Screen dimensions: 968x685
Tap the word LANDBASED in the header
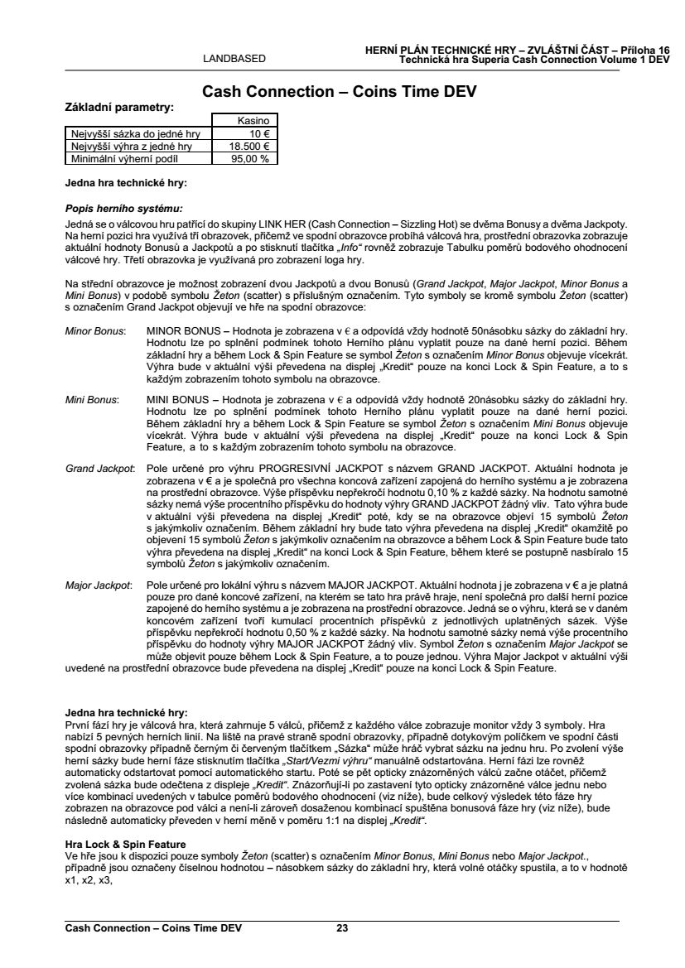pyautogui.click(x=234, y=59)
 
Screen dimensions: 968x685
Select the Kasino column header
pyautogui.click(x=246, y=121)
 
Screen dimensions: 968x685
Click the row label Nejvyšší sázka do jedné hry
pyautogui.click(x=131, y=132)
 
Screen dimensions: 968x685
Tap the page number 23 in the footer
pyautogui.click(x=342, y=927)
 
